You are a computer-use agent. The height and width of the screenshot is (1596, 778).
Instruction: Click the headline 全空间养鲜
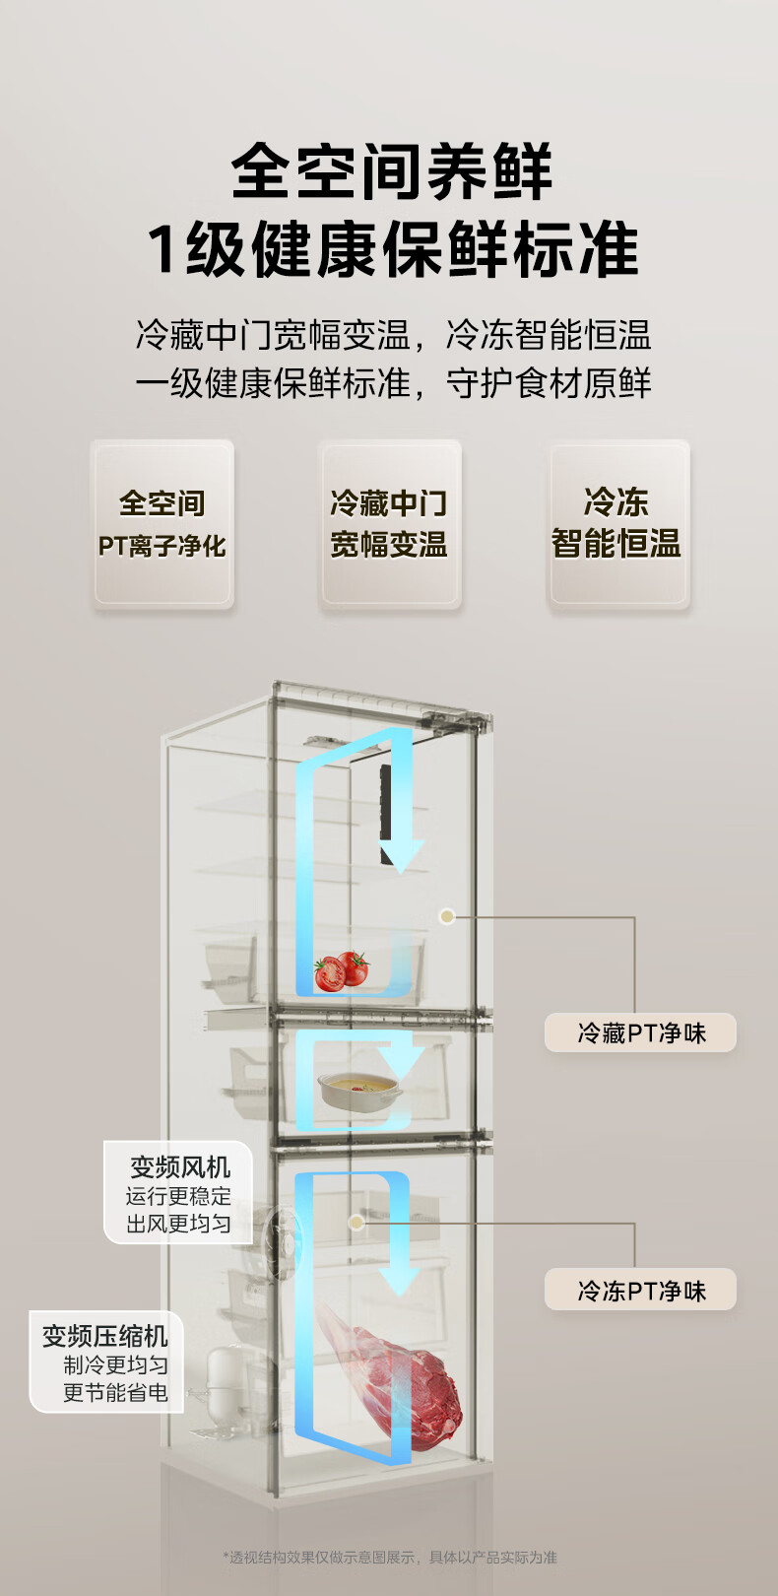pyautogui.click(x=392, y=171)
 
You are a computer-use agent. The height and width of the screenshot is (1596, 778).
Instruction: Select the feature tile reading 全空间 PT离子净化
pyautogui.click(x=162, y=524)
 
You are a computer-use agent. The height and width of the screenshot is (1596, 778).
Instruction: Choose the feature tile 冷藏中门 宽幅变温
pyautogui.click(x=389, y=524)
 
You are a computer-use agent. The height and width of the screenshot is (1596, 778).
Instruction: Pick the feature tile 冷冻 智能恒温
pyautogui.click(x=617, y=524)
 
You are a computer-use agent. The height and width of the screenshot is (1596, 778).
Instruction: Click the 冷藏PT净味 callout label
pyautogui.click(x=641, y=1032)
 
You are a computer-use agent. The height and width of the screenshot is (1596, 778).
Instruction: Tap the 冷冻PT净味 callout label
pyautogui.click(x=641, y=1290)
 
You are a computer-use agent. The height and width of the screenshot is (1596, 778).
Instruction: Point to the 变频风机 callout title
pyautogui.click(x=180, y=1167)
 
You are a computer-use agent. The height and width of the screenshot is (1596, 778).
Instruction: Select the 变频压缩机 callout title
pyautogui.click(x=104, y=1336)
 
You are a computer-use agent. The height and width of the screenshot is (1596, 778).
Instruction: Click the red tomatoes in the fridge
pyautogui.click(x=341, y=970)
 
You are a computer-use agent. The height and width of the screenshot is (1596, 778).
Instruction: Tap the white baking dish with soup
pyautogui.click(x=357, y=1089)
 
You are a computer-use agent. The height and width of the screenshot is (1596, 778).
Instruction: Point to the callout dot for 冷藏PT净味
pyautogui.click(x=447, y=916)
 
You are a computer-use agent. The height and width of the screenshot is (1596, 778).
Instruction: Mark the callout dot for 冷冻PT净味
pyautogui.click(x=357, y=1222)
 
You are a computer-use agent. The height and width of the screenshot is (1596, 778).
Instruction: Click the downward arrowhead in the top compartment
pyautogui.click(x=401, y=856)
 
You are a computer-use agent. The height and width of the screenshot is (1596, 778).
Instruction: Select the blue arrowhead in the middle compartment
pyautogui.click(x=401, y=1064)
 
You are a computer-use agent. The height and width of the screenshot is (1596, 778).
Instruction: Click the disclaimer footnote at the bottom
pyautogui.click(x=389, y=1558)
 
